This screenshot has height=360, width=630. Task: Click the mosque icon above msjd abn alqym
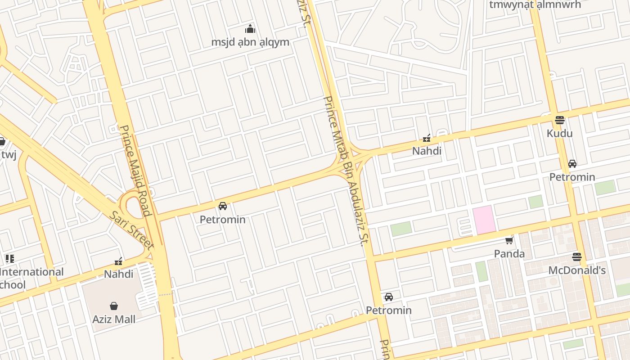[x=250, y=29]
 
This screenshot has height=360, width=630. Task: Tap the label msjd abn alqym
[x=250, y=42]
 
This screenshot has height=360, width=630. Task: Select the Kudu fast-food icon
[x=559, y=120]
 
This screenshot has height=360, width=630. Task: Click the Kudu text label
[x=559, y=134]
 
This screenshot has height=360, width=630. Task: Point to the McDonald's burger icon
[x=577, y=257]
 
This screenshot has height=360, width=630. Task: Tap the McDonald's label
[x=577, y=270]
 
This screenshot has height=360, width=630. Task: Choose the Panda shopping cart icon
[x=509, y=240]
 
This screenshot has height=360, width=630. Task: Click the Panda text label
[x=509, y=254]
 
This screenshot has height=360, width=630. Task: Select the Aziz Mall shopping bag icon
[x=114, y=306]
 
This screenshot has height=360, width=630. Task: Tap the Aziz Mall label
[x=114, y=319]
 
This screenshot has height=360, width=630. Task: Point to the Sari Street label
[x=132, y=230]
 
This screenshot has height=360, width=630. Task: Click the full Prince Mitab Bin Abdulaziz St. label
[x=344, y=171]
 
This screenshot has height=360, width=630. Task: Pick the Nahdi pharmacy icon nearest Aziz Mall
[x=118, y=261]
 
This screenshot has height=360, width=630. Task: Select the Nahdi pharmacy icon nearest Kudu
[x=427, y=138]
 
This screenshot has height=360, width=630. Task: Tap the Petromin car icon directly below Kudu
[x=572, y=164]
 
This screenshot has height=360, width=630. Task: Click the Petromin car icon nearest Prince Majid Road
[x=222, y=206]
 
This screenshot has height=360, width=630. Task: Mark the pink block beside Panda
[x=484, y=220]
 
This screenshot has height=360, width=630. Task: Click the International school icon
[x=9, y=259]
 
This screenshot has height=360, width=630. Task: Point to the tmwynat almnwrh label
[x=535, y=5]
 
